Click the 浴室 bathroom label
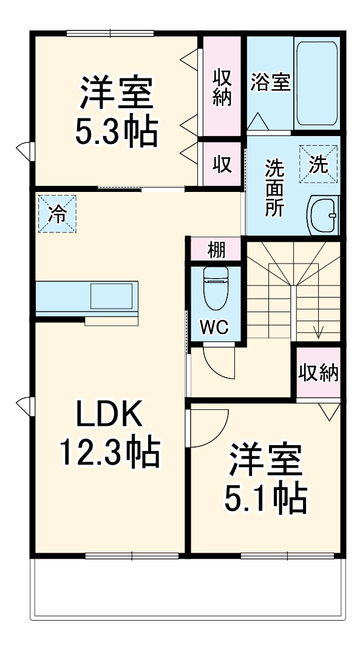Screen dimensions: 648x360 tap(270, 81)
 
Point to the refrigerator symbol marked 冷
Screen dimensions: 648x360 tap(57, 213)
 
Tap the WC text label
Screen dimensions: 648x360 tap(215, 327)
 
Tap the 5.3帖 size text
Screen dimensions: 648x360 tap(116, 130)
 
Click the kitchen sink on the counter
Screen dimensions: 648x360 tap(112, 296)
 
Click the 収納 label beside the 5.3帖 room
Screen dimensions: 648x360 tap(222, 86)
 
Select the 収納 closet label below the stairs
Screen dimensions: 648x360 tap(318, 373)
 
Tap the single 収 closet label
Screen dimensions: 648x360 tap(222, 163)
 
